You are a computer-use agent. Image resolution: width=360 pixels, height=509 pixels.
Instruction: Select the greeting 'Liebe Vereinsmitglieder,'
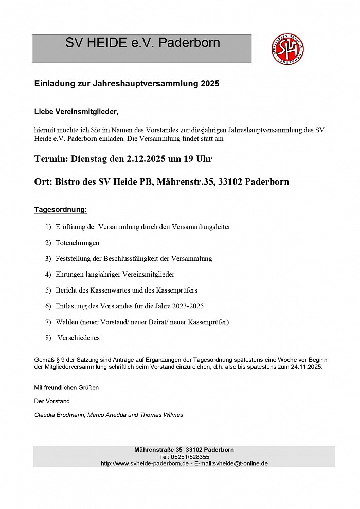[76, 111]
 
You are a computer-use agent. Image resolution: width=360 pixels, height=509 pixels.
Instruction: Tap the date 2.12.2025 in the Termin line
[146, 159]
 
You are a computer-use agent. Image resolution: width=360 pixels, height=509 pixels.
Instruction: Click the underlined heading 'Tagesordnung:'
[61, 210]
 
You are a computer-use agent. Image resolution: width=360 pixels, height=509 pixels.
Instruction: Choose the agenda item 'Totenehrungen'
[78, 242]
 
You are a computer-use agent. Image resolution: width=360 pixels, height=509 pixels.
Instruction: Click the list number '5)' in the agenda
[48, 290]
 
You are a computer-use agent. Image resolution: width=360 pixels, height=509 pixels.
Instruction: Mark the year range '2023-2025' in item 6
[188, 306]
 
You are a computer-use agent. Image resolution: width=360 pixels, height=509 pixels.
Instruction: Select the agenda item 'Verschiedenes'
[79, 338]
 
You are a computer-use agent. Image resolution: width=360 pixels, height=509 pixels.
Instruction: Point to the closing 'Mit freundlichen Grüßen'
[66, 387]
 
